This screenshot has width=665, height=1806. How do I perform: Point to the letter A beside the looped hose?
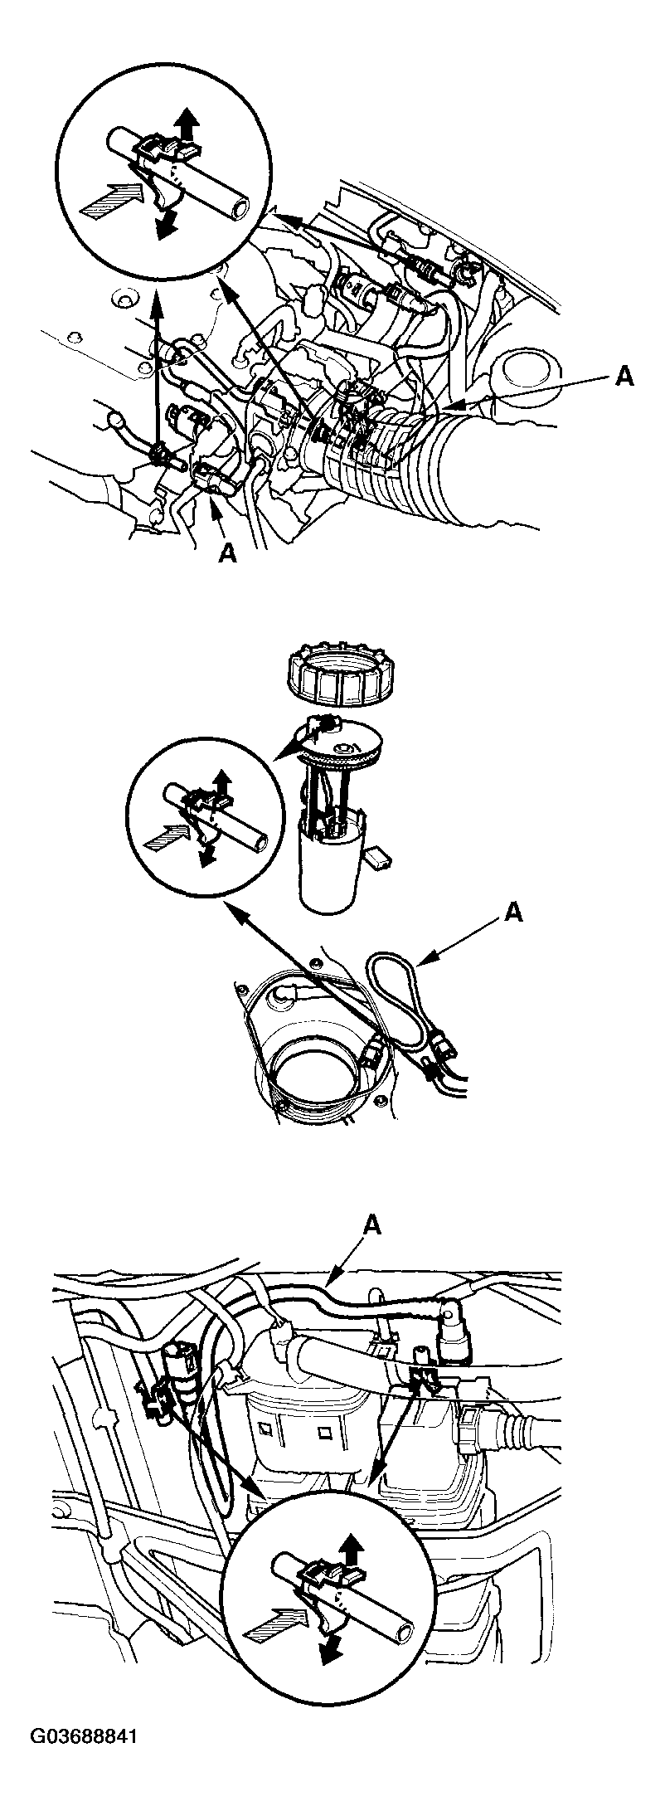click(x=513, y=913)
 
